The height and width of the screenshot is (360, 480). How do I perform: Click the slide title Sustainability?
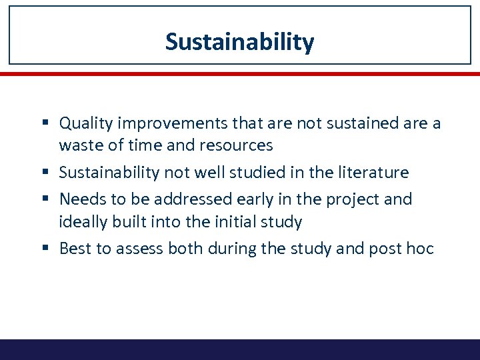tap(239, 42)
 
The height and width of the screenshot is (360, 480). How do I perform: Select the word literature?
tap(373, 173)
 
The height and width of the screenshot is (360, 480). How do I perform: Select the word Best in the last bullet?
tap(74, 249)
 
